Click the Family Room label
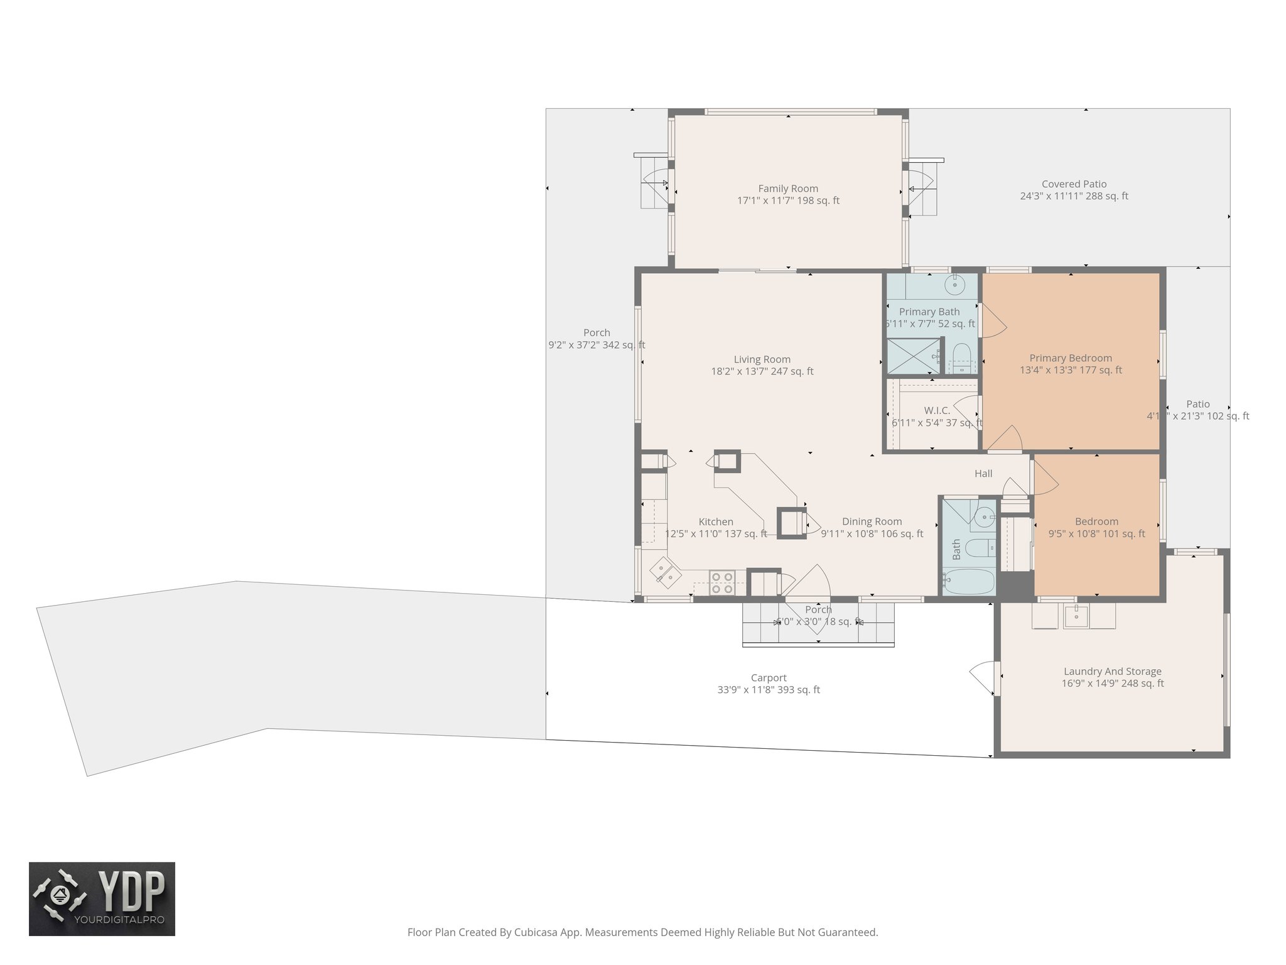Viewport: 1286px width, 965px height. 787,188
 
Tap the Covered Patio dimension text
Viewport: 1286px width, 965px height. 1074,196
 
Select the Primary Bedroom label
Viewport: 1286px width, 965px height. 1071,358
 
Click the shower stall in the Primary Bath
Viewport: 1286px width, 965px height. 912,356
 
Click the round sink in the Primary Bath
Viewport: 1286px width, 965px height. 954,285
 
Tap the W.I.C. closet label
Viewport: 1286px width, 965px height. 937,410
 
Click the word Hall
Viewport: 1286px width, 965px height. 983,474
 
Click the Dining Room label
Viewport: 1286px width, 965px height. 872,521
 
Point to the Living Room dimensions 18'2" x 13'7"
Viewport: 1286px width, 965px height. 762,371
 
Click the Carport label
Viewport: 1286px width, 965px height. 769,678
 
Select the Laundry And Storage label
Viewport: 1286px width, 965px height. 1112,672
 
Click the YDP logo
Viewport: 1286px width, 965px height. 102,898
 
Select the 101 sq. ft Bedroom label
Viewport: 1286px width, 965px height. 1096,521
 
